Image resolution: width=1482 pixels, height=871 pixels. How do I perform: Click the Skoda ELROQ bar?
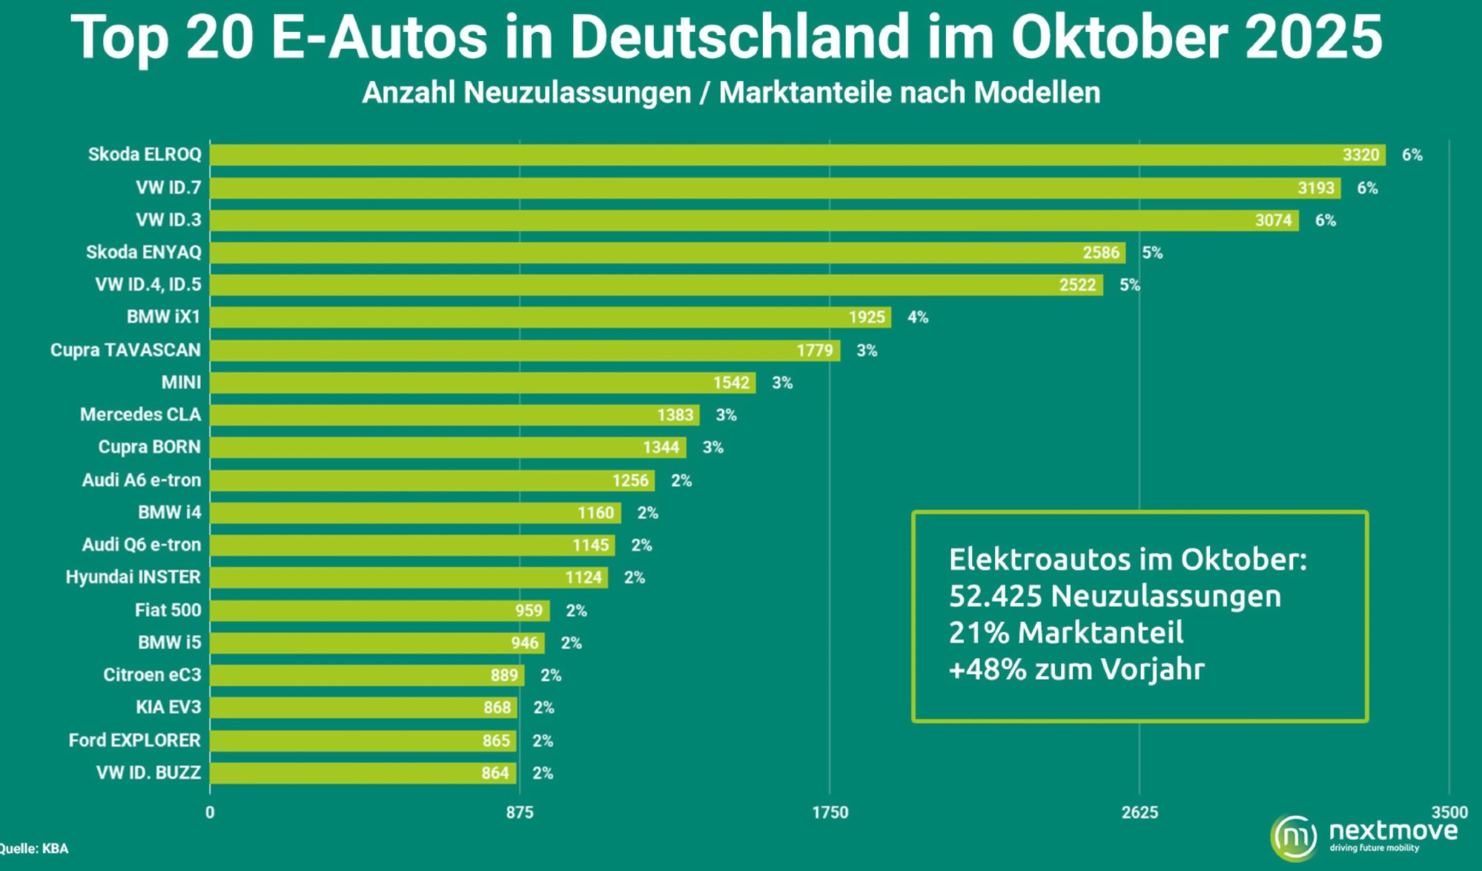click(797, 155)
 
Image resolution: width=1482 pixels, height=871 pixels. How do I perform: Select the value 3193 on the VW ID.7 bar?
click(1315, 188)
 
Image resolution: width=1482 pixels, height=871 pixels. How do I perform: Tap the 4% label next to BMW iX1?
click(918, 318)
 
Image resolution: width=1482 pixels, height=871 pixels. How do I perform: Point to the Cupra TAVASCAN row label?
click(125, 350)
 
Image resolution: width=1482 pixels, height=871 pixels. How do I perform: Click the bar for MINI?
click(482, 383)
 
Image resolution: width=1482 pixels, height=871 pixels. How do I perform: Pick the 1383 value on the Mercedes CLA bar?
click(675, 415)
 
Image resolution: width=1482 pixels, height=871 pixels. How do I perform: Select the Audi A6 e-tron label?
click(141, 480)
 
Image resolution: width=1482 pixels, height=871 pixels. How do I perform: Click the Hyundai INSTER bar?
click(408, 577)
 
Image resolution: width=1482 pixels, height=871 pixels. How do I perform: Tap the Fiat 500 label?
click(168, 610)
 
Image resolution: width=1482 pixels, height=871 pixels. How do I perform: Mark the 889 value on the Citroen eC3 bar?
click(504, 675)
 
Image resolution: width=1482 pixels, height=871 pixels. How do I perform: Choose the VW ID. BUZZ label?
click(148, 773)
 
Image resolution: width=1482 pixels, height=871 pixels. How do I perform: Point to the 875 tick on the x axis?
click(520, 812)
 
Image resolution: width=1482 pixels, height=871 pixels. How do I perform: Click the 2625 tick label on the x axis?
click(1139, 812)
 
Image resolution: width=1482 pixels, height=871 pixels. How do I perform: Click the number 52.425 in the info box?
click(996, 596)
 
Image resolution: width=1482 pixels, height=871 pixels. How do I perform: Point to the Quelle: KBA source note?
click(34, 849)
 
